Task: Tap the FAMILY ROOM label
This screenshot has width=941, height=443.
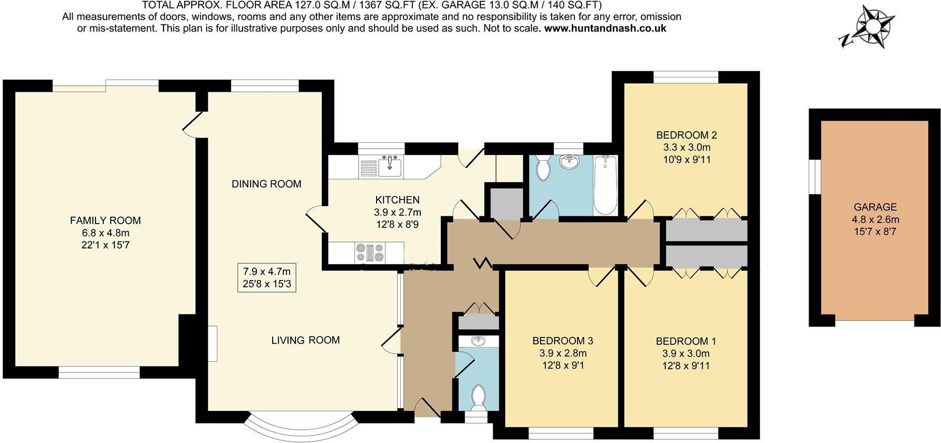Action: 105,220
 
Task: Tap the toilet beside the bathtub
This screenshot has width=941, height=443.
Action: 542,168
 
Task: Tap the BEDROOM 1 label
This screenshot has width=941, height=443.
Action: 686,341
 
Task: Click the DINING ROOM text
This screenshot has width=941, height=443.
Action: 266,184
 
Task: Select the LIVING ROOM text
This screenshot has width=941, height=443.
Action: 305,340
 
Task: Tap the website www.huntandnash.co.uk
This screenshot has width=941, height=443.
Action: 605,28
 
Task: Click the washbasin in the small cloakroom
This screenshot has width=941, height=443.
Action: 478,341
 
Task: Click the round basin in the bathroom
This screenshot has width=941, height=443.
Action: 569,162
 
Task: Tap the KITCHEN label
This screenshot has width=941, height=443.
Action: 397,200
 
